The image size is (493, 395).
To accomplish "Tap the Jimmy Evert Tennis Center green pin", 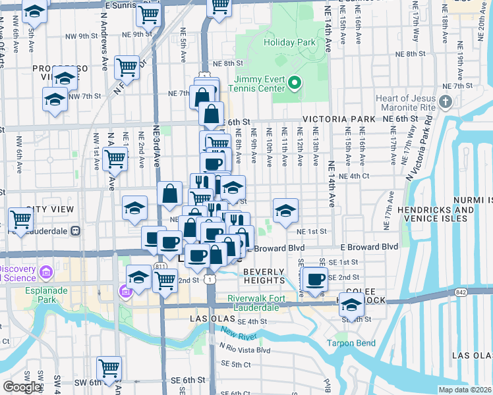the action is pyautogui.click(x=295, y=84).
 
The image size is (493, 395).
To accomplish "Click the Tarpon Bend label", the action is pyautogui.click(x=351, y=343).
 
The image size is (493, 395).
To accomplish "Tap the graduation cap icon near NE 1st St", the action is pyautogui.click(x=285, y=211).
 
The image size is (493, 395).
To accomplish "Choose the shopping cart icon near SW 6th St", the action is pyautogui.click(x=109, y=367).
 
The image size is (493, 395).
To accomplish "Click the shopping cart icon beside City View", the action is pyautogui.click(x=21, y=219).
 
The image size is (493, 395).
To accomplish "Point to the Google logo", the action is pyautogui.click(x=22, y=387).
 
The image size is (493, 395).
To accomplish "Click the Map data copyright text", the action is pyautogui.click(x=465, y=390).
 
